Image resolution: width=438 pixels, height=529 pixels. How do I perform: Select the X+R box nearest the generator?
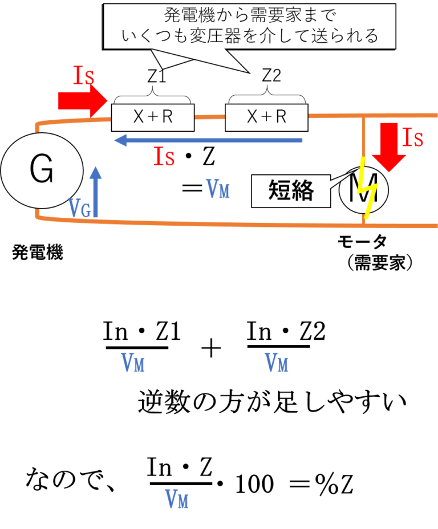coord(152,117)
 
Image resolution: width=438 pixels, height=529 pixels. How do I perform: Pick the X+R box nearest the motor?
coord(266,117)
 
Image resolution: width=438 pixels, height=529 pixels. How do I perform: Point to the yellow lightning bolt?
coord(367,188)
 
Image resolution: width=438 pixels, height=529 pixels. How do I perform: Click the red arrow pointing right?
coord(83,102)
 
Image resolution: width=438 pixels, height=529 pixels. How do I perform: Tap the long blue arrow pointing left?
coord(208,140)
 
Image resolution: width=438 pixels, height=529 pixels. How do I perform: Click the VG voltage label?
coord(79,209)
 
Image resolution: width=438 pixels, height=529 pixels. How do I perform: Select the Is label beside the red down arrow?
coord(413,137)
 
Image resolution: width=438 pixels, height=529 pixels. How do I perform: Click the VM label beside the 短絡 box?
coord(217,188)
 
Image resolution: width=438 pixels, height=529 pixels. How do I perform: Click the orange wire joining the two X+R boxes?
coord(209,117)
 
